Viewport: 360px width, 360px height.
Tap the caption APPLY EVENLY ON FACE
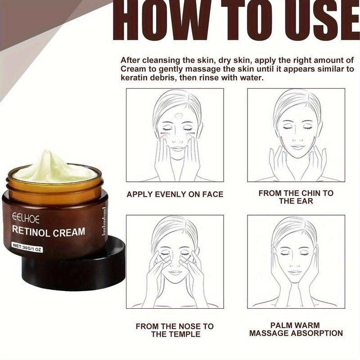click(175, 194)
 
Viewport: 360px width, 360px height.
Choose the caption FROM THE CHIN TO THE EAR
click(296, 197)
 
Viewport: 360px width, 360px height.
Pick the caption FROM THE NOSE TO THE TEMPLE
click(175, 329)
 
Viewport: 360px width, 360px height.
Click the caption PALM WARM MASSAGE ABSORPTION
click(296, 329)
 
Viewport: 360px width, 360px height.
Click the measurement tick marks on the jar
click(104, 220)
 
